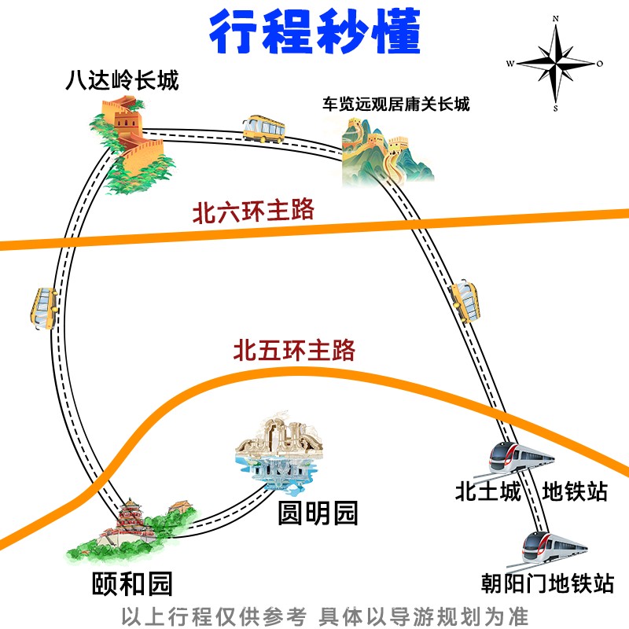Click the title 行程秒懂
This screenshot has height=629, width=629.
pos(314,31)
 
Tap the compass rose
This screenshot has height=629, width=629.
pos(555,64)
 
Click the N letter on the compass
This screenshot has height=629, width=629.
pos(555,17)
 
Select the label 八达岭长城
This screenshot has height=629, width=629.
pos(122,80)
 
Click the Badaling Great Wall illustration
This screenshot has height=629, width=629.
pos(130,149)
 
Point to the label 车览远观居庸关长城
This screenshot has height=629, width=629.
pos(395,104)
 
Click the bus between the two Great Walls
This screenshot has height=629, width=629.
pos(263,127)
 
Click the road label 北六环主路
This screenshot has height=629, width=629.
pos(253,212)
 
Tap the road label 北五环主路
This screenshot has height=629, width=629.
pos(294,349)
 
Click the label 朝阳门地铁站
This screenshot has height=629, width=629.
pos(547,584)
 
